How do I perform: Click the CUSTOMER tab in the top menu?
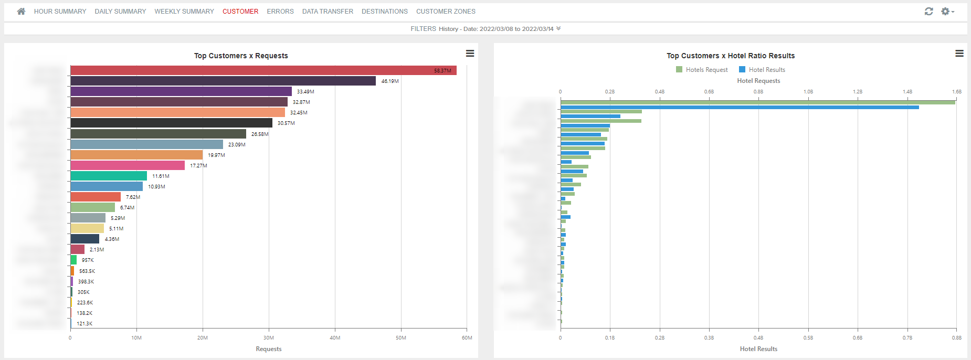click(240, 11)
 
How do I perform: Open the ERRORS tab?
click(280, 11)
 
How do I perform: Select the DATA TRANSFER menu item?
click(328, 11)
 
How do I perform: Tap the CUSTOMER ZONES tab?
click(446, 11)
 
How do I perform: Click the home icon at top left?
click(21, 11)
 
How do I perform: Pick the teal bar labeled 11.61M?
click(108, 176)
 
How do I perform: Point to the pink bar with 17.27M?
click(127, 165)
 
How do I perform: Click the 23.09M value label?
click(237, 144)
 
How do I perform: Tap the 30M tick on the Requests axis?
click(269, 337)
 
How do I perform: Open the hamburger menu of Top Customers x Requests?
click(470, 54)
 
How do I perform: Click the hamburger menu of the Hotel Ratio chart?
click(959, 54)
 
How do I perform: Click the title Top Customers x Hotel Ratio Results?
click(730, 56)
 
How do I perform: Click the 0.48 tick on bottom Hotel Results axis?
click(758, 337)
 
